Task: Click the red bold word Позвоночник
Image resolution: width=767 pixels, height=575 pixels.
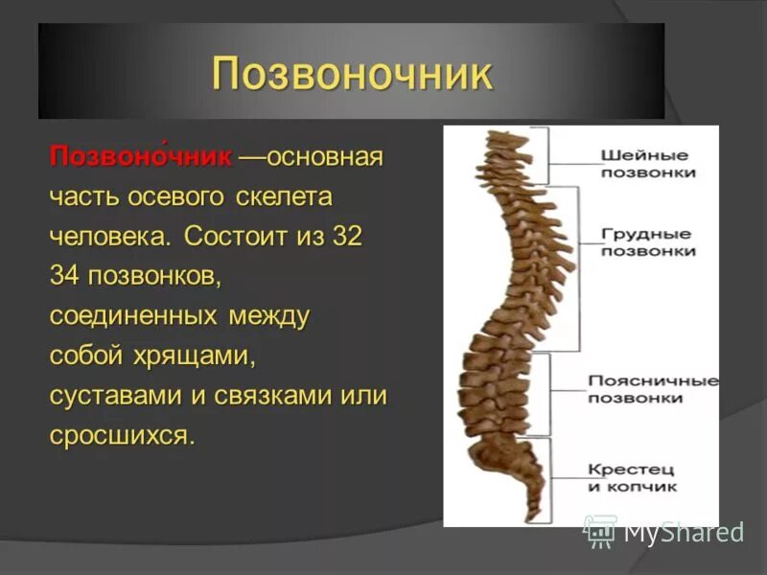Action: pos(141,156)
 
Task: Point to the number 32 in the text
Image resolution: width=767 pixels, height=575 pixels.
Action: pos(347,237)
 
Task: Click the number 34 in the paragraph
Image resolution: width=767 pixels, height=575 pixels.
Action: pos(65,276)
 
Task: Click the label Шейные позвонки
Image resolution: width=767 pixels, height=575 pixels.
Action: pos(647,164)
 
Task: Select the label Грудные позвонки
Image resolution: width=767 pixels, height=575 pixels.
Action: pos(647,241)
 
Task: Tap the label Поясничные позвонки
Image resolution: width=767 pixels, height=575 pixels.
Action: pos(652,389)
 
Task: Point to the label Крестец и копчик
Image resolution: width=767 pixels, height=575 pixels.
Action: pos(632,477)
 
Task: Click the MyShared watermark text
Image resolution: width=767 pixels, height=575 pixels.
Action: pos(684,532)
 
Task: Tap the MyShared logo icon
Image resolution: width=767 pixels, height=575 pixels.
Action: pos(600,530)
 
